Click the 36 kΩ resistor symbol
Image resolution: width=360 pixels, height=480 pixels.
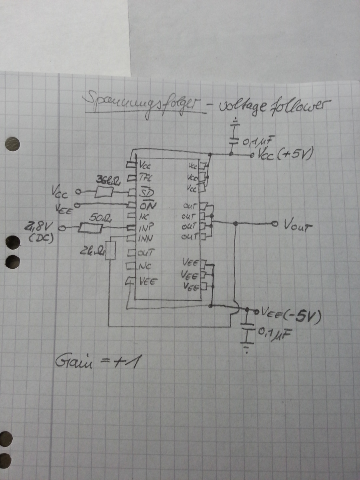click(x=105, y=193)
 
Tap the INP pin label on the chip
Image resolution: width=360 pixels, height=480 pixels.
click(x=147, y=229)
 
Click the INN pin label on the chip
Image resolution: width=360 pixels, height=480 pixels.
click(x=147, y=240)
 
